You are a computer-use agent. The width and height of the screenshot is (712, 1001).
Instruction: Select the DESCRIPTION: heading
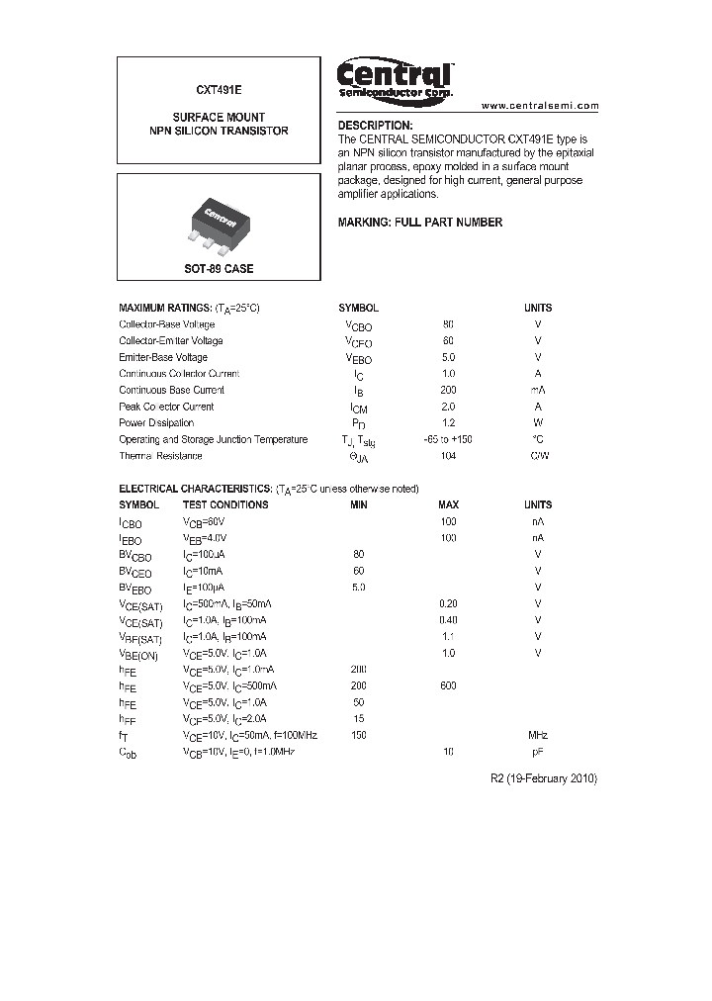pyautogui.click(x=375, y=127)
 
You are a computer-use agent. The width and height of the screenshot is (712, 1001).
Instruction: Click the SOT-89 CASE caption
pyautogui.click(x=219, y=269)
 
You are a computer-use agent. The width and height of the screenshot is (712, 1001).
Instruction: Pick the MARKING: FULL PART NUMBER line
pyautogui.click(x=420, y=223)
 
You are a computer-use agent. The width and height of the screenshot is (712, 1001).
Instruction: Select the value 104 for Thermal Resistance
pyautogui.click(x=448, y=456)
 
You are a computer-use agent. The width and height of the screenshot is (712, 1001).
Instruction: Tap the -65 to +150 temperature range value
pyautogui.click(x=448, y=439)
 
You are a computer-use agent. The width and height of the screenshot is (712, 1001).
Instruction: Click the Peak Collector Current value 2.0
pyautogui.click(x=448, y=407)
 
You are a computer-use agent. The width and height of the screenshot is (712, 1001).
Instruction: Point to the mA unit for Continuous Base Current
pyautogui.click(x=538, y=390)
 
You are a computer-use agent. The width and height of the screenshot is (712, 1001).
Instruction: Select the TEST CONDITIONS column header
pyautogui.click(x=225, y=504)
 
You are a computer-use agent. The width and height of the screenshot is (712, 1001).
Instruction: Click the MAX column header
pyautogui.click(x=448, y=504)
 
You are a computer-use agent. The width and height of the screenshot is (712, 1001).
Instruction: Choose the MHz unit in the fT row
pyautogui.click(x=538, y=736)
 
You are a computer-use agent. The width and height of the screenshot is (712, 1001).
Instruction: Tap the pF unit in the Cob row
pyautogui.click(x=538, y=753)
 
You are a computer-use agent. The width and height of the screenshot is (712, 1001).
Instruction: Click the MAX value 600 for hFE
pyautogui.click(x=448, y=686)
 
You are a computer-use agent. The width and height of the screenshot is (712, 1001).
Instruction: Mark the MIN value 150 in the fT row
pyautogui.click(x=358, y=736)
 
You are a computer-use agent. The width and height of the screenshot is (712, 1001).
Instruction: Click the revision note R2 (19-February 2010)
pyautogui.click(x=544, y=778)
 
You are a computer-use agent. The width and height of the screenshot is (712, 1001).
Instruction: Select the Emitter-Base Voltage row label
pyautogui.click(x=163, y=357)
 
